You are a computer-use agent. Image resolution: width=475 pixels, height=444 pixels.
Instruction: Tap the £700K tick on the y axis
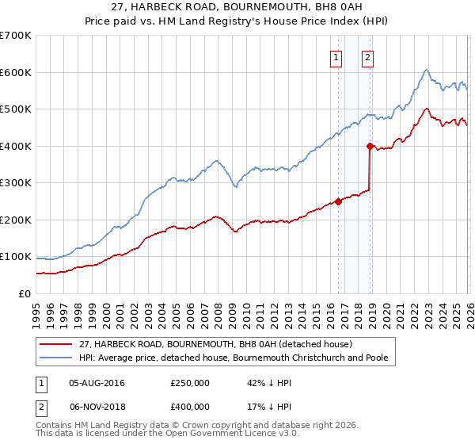pos(16,36)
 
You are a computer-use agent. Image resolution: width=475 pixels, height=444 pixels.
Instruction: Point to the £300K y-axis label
pos(16,183)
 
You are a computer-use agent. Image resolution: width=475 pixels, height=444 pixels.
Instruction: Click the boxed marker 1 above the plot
pos(336,57)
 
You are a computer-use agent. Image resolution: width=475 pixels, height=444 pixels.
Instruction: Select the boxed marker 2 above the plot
pos(369,57)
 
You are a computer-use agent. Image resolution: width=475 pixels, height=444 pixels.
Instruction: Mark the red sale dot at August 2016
pos(338,201)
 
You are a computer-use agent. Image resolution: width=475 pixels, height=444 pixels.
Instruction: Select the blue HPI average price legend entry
pos(233,358)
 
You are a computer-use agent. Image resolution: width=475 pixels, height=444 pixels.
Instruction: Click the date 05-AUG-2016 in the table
pos(97,383)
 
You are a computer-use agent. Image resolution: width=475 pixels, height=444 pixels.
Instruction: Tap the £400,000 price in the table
pos(190,406)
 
